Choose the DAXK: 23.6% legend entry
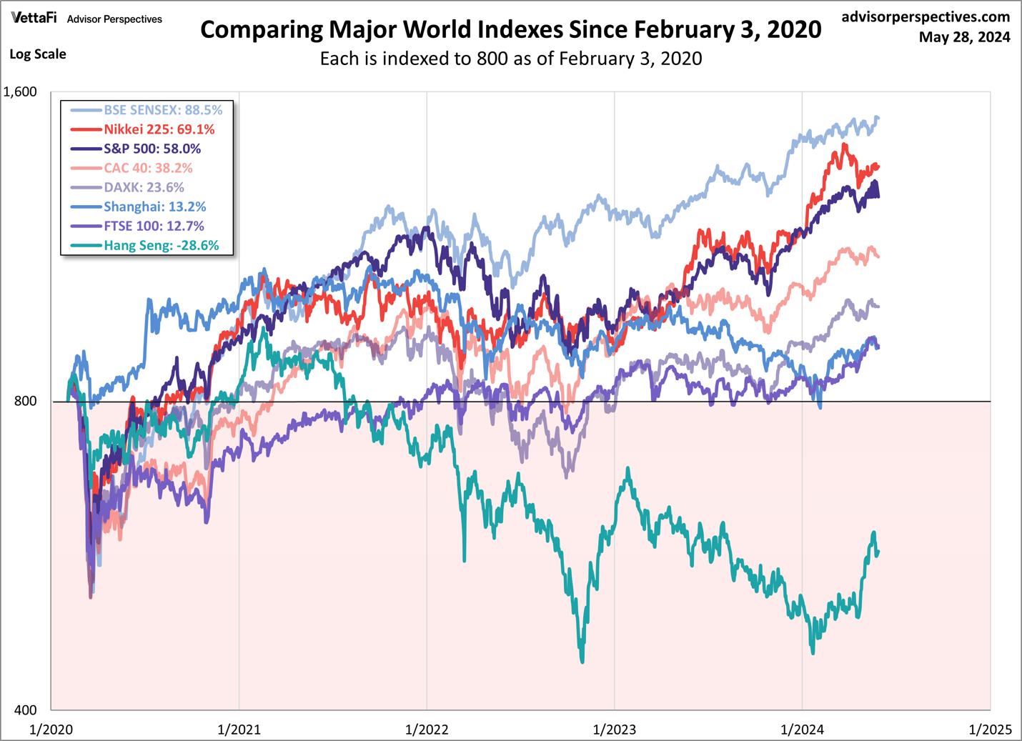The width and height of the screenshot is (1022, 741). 144,187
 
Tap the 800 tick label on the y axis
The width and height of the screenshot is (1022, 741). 25,401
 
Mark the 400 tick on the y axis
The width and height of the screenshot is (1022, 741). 25,710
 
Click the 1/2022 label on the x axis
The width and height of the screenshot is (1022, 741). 427,729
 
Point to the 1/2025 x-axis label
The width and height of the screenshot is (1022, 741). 990,729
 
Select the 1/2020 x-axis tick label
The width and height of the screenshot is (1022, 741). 51,729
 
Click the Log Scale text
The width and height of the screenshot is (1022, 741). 38,54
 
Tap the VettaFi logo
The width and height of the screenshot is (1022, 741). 34,19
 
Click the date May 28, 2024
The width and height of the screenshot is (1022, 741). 964,37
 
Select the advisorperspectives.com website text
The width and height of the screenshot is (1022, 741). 926,16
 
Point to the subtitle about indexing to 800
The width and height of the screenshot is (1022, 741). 510,59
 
